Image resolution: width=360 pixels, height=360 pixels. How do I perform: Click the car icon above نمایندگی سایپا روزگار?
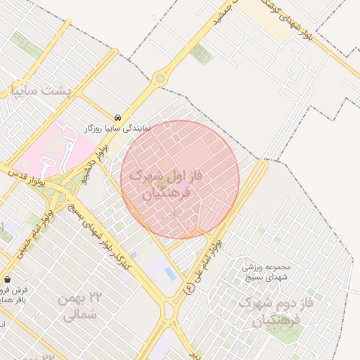pos(117,117)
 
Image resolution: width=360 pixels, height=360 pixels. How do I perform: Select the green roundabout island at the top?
pos(161,78)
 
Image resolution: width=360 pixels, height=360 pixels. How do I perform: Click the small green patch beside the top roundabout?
pos(201,53)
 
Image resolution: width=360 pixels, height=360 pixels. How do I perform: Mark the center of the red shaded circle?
pos(180,180)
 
